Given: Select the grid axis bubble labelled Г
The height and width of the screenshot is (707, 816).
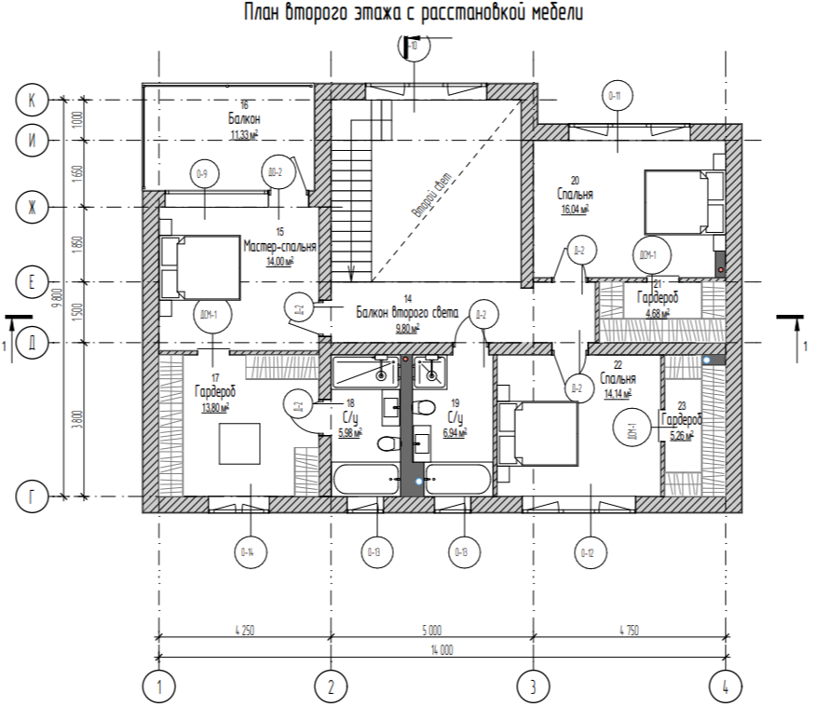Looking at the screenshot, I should [x=33, y=497].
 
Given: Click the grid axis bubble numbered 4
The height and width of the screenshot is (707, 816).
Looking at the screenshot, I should [x=725, y=687].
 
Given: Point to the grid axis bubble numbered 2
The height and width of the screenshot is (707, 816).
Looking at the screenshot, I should [x=330, y=687].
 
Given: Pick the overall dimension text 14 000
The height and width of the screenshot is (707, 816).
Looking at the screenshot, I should [x=441, y=650].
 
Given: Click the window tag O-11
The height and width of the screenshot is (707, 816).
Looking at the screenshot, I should [x=615, y=95].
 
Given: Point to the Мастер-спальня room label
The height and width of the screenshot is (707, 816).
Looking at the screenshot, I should [x=279, y=247].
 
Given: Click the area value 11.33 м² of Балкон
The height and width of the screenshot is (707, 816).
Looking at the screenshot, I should [x=244, y=134].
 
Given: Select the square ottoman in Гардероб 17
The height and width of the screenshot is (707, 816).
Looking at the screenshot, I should [x=245, y=442].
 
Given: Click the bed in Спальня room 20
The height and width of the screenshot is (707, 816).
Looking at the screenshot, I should [x=682, y=203].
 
